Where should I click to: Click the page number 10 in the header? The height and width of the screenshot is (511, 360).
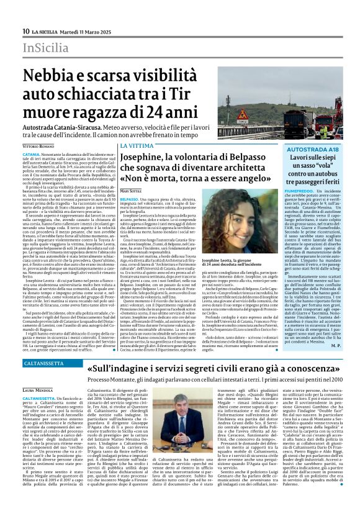click(25, 31)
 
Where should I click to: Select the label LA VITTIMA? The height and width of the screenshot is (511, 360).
click(135, 145)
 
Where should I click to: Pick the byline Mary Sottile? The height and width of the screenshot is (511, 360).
click(133, 190)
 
